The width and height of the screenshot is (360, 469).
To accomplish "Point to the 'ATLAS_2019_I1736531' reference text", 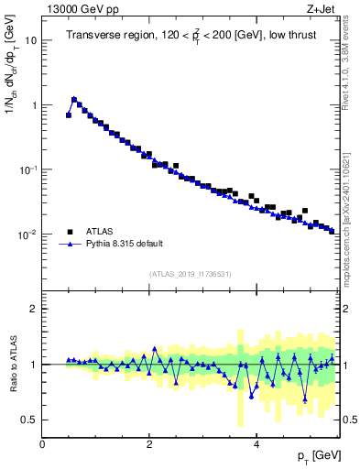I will coord(191,274).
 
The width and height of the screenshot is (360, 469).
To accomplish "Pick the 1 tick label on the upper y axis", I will coord(34,105).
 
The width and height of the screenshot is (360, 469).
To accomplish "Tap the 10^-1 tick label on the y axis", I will coord(28,169).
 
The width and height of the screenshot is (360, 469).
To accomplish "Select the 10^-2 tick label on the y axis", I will coord(28,234).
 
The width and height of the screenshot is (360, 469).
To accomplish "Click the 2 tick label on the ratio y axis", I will coord(34,309).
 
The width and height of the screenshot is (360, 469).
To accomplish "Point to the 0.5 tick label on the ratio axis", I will coord(29,420).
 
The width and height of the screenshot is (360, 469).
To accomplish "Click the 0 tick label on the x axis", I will coord(42,443).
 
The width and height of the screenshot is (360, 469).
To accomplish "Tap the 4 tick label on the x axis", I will coord(256,443).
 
